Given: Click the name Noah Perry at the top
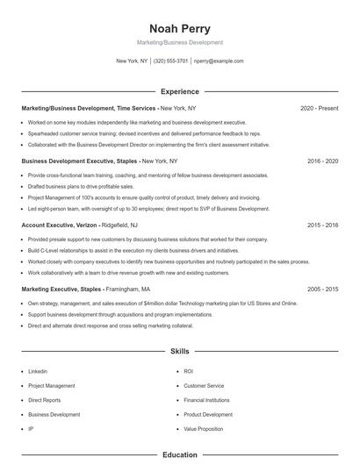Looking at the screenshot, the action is pyautogui.click(x=180, y=27).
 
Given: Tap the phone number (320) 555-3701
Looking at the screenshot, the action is pyautogui.click(x=170, y=61).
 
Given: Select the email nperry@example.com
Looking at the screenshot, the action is pyautogui.click(x=219, y=61).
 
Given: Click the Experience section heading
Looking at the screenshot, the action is pyautogui.click(x=180, y=91).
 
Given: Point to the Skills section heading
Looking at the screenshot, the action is pyautogui.click(x=180, y=352).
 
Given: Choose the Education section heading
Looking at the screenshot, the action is pyautogui.click(x=180, y=455).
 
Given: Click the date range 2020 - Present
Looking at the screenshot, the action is pyautogui.click(x=319, y=108).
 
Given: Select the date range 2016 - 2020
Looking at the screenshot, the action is pyautogui.click(x=323, y=161).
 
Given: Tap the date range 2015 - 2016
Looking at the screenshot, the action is pyautogui.click(x=323, y=225).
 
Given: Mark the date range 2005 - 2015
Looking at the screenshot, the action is pyautogui.click(x=323, y=289).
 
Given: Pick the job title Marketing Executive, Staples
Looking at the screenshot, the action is pyautogui.click(x=57, y=289).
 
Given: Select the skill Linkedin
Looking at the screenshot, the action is pyautogui.click(x=38, y=371).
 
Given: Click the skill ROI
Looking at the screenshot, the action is pyautogui.click(x=188, y=371).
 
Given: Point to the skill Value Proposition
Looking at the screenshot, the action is pyautogui.click(x=203, y=428).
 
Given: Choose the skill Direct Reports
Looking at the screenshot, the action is pyautogui.click(x=45, y=400).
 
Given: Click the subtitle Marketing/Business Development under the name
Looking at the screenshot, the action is pyautogui.click(x=180, y=42).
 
